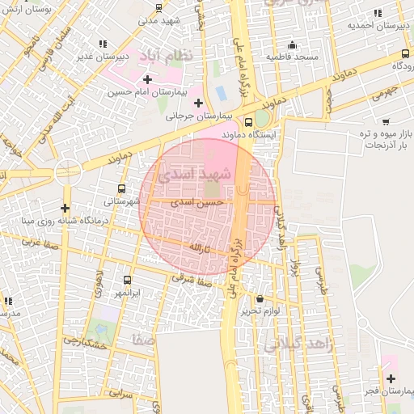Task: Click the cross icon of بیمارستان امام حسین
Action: tap(147, 79)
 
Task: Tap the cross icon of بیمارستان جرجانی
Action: tap(198, 103)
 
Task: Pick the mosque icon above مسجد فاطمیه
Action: tap(292, 44)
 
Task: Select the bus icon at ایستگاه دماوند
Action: tap(259, 121)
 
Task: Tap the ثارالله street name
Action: tap(198, 248)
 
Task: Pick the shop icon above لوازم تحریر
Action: tap(259, 298)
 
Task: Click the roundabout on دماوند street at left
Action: tap(68, 171)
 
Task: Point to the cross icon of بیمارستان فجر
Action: tap(391, 378)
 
